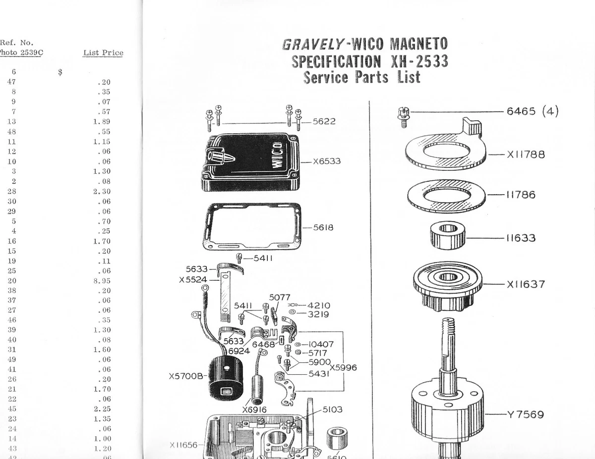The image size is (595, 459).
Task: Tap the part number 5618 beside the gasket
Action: [323, 228]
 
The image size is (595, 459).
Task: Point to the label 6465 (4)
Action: [532, 111]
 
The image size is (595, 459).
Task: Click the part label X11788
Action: [526, 154]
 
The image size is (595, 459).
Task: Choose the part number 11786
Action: [521, 195]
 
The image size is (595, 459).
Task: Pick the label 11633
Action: [521, 238]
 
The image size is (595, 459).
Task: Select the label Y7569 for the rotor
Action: [525, 414]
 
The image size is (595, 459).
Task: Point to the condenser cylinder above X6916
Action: [258, 389]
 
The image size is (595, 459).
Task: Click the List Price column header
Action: [103, 52]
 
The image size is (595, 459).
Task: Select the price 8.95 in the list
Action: [102, 281]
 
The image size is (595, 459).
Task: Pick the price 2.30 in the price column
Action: [102, 192]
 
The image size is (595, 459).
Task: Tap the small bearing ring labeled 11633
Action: [448, 235]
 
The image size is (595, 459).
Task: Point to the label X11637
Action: [526, 285]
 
